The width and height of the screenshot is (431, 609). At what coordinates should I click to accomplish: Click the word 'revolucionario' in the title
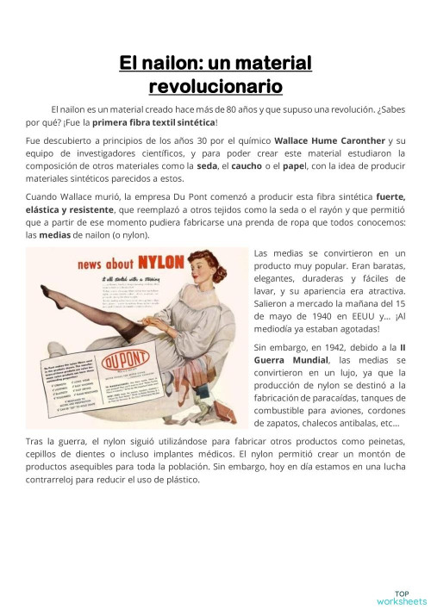tap(215, 86)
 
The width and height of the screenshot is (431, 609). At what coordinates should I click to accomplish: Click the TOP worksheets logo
tap(401, 597)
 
